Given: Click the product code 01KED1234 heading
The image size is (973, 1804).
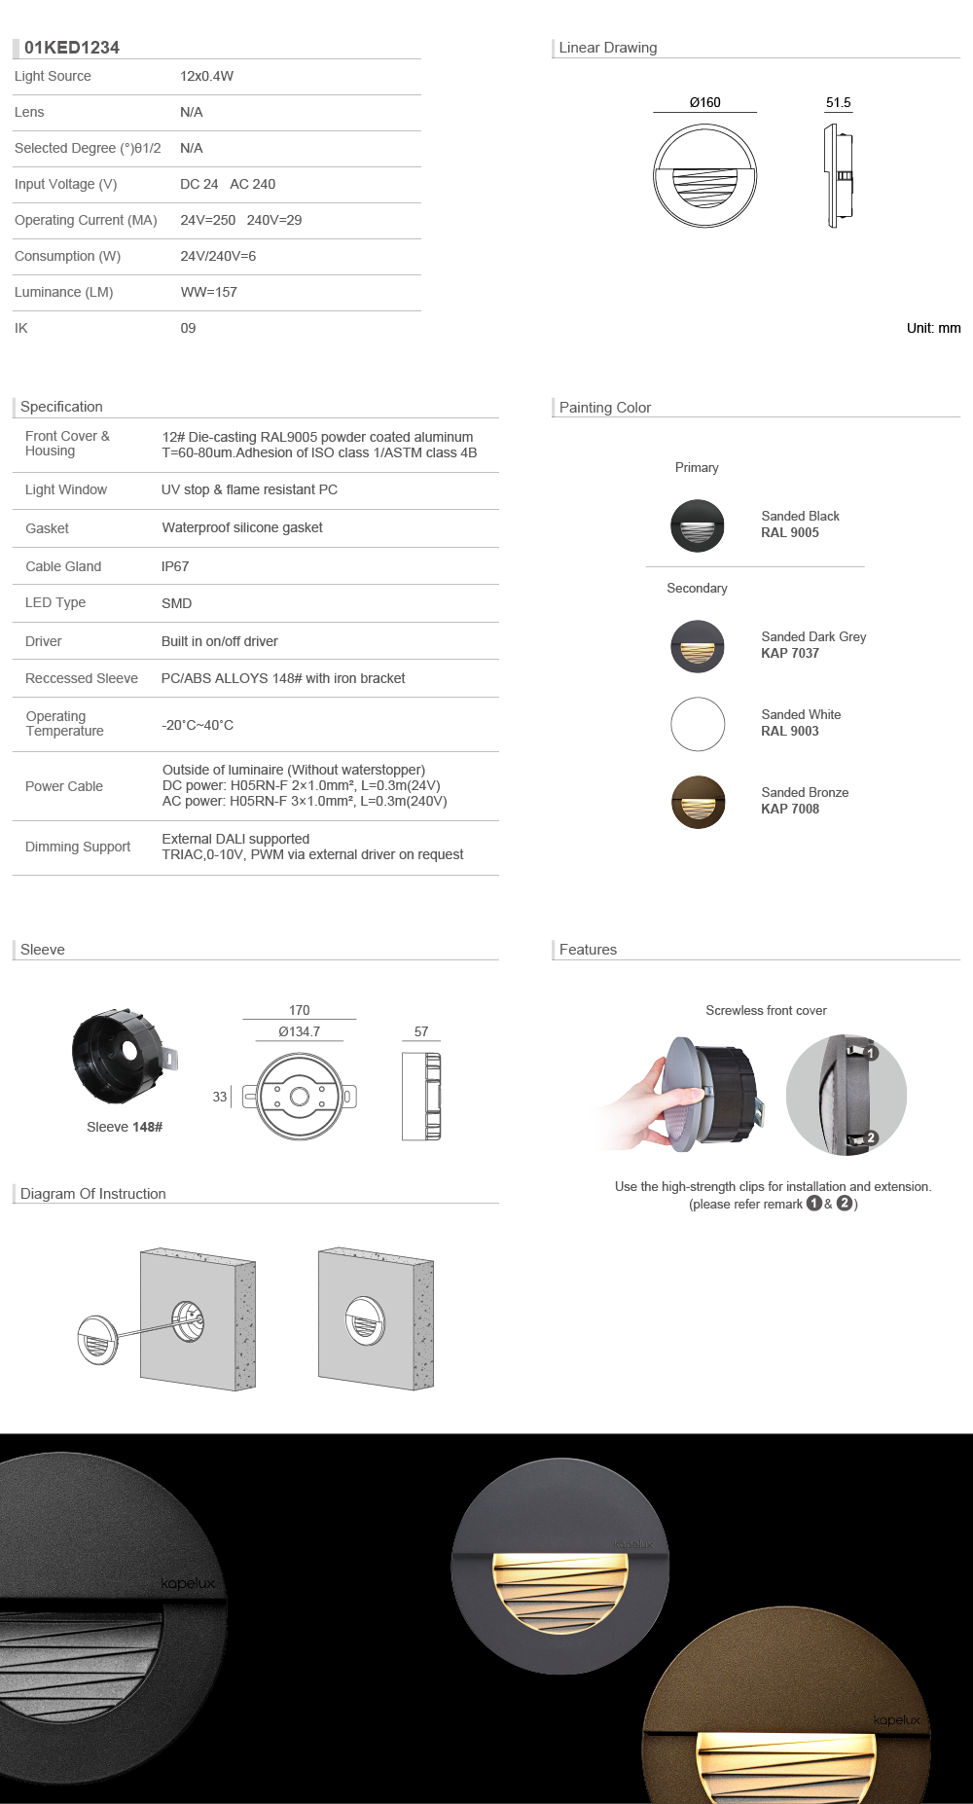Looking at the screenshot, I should point(71,48).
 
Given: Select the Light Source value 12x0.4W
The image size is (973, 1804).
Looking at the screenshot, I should point(206,76).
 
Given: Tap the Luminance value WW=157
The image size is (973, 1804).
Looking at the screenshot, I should point(208,292).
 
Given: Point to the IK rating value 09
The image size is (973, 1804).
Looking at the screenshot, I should point(188,328).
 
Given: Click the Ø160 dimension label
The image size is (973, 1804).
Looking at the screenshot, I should point(704,102).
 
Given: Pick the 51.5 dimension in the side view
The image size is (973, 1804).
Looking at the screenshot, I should point(838,102).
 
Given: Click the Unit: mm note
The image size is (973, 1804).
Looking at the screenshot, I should point(933,328).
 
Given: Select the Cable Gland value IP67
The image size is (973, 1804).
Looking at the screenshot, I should point(175,566).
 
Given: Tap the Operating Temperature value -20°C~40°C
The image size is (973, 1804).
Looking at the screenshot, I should point(198,725).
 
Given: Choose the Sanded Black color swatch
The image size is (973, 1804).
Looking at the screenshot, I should point(698,525).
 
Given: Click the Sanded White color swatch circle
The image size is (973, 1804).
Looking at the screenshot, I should point(698,724).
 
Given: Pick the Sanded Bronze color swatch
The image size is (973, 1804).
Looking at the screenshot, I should point(698,802).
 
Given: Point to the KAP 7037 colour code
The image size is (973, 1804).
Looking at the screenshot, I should point(790,653).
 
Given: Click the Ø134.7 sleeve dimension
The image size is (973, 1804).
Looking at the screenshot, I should point(299,1031).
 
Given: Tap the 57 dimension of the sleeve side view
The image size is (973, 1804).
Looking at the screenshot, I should point(421,1031).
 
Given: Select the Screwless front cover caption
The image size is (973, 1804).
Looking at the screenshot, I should point(766,1010).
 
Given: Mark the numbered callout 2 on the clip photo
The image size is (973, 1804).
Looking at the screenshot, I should point(871,1137).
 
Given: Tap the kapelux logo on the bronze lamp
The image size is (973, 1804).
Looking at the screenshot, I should point(896,1720).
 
